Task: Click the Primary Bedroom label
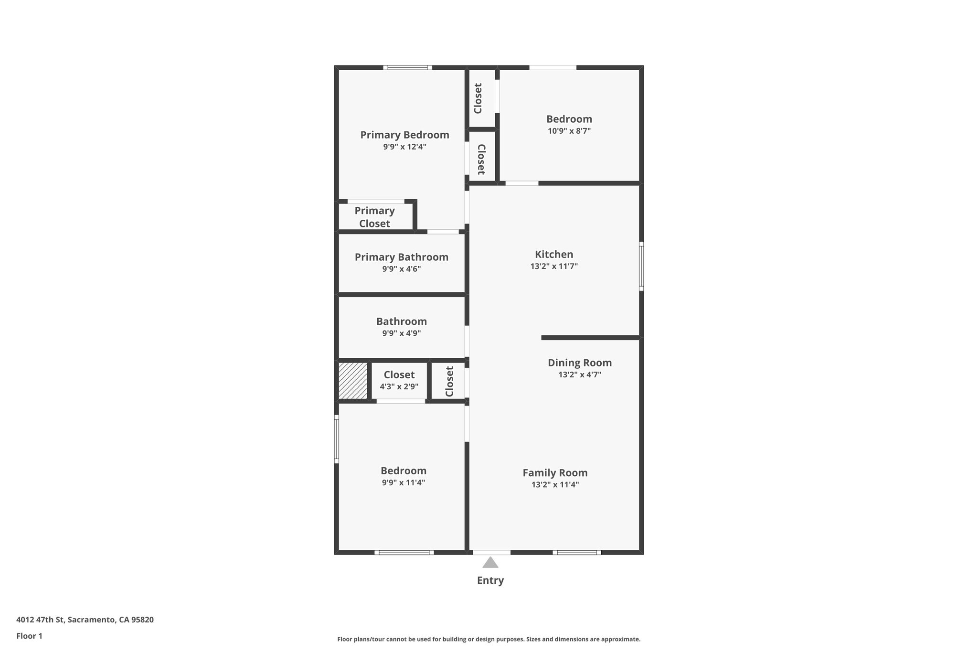(x=404, y=135)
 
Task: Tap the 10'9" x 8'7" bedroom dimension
(x=569, y=131)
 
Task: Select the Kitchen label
(x=554, y=255)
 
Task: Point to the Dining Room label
(x=579, y=363)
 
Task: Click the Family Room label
(x=555, y=473)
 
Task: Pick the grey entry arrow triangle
(x=490, y=563)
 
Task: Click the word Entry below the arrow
(x=490, y=580)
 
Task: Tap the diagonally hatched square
(x=353, y=381)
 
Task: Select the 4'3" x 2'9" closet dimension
(x=399, y=386)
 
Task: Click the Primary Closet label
(x=374, y=217)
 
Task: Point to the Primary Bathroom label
(x=402, y=257)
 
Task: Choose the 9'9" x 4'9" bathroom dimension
(x=401, y=333)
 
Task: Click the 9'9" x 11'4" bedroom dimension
(x=403, y=482)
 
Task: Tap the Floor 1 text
(x=29, y=636)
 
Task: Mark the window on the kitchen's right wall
(x=641, y=266)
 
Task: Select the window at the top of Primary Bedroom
(x=407, y=68)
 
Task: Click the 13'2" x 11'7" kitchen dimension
(x=554, y=266)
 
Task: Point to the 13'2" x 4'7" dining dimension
(x=579, y=374)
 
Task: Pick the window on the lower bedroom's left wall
(x=336, y=439)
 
